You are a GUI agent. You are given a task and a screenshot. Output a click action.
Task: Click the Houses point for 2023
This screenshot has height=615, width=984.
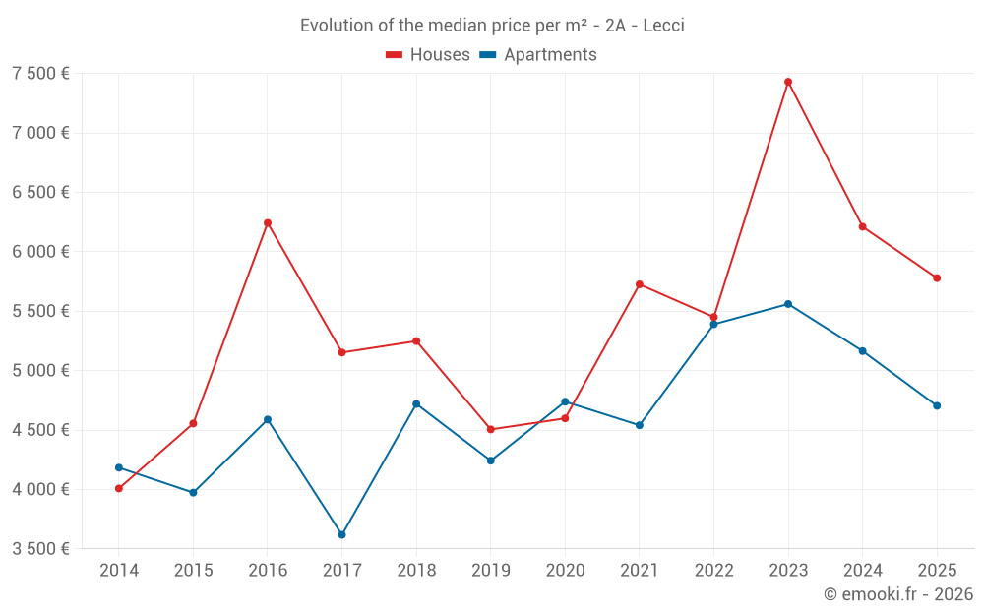(x=788, y=82)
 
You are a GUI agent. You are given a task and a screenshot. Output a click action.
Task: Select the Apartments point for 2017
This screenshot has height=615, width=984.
(x=341, y=534)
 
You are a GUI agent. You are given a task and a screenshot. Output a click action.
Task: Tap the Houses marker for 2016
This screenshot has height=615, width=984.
(x=268, y=222)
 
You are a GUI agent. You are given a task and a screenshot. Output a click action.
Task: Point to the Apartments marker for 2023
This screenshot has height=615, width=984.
(x=788, y=304)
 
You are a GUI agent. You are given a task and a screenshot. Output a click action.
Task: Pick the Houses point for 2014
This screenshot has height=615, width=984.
(x=119, y=488)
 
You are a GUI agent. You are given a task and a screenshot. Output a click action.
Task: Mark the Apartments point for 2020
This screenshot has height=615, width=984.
(x=565, y=401)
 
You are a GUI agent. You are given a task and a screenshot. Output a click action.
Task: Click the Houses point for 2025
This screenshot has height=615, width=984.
(x=937, y=277)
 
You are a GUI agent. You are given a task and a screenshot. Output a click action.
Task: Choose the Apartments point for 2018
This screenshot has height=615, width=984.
(x=416, y=403)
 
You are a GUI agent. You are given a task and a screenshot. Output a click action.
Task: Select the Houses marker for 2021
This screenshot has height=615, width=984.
(x=640, y=284)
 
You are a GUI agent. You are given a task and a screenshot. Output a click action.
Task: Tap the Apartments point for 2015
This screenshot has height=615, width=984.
(x=193, y=492)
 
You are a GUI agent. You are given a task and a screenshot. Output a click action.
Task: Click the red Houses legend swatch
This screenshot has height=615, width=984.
(x=394, y=55)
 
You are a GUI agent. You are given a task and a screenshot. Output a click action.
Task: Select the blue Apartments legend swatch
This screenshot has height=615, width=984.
(x=487, y=55)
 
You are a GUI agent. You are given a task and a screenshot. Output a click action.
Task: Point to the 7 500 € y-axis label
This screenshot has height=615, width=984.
(x=40, y=74)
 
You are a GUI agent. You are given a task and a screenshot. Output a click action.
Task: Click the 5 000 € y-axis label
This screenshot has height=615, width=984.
(x=40, y=371)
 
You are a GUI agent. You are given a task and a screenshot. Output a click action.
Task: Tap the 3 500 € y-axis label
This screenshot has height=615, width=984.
(x=40, y=549)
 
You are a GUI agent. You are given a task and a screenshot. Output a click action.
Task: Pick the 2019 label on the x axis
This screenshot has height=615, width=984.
(x=490, y=570)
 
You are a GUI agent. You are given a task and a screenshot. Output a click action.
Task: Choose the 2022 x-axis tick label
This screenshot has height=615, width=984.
(x=713, y=570)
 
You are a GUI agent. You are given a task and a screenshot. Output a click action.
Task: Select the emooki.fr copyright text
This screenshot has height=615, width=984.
(x=898, y=594)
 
